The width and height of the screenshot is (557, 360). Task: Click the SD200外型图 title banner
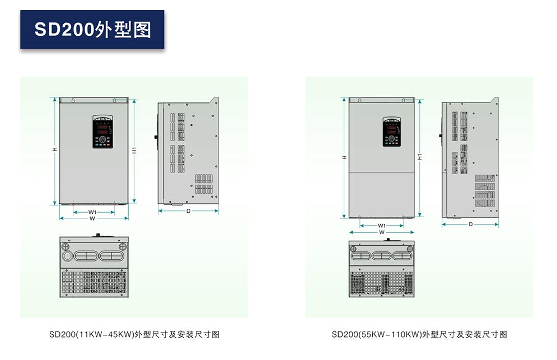point(92,29)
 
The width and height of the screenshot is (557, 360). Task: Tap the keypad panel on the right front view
point(391,132)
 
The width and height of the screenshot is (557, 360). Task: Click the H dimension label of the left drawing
point(54,149)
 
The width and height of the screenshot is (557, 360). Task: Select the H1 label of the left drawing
point(134,150)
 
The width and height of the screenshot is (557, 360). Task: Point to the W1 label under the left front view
point(93,212)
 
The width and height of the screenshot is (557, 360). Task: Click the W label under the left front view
point(93,219)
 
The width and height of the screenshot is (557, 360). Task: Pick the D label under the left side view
point(188,211)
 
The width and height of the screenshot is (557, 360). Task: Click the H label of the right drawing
point(344,158)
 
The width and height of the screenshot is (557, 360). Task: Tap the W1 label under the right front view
point(382,226)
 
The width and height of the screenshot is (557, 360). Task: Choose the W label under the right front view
point(382,232)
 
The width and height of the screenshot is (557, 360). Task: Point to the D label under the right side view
point(470,224)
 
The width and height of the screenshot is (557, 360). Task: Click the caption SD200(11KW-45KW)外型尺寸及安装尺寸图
point(134,335)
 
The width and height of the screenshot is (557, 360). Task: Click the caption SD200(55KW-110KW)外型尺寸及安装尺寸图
point(419,335)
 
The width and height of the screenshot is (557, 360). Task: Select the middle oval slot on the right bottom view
point(382,256)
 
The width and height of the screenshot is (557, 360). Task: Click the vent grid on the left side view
point(204,183)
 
